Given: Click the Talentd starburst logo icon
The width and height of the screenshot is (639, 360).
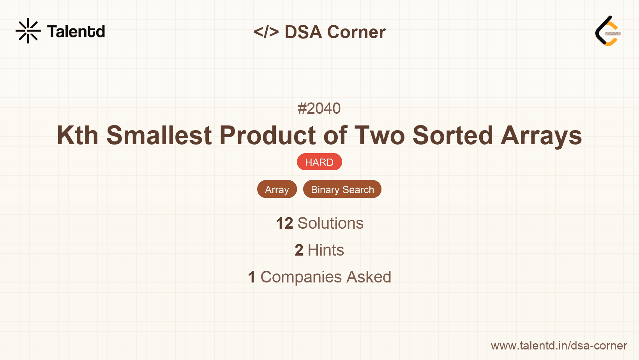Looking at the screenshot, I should pos(28,31).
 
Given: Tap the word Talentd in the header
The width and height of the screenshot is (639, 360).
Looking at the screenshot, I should pos(76,32).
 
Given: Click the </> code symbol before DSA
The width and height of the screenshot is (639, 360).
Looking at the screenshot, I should pos(266,32).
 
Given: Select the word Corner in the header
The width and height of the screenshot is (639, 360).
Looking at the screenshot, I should pos(356,32).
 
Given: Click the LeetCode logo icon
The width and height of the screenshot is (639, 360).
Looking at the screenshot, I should pos(608,31).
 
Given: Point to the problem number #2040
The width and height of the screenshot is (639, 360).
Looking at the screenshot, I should pos(319,108).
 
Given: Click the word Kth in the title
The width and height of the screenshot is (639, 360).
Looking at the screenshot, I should pos(78,136).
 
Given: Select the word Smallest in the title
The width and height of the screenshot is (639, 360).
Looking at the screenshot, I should pos(159,136).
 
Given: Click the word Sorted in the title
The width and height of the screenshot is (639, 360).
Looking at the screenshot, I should pos(452,136).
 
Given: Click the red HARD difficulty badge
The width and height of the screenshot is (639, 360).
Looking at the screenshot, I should pos(319,162).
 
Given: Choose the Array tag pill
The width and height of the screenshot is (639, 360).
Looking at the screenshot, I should pos(277,189).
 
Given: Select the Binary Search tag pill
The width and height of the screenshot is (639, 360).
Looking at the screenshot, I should pos(342,189).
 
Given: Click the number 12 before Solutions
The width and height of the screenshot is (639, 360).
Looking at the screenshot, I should pos(284,223).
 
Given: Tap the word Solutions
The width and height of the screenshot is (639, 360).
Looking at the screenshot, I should pos(330,223).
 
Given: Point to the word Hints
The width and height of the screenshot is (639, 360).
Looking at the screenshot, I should pos(326,250).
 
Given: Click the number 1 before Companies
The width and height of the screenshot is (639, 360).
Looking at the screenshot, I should pos(252,277).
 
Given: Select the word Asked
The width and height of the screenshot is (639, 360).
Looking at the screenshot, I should pos(369,277).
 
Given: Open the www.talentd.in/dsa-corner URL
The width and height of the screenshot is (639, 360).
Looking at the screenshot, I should pos(559,346).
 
